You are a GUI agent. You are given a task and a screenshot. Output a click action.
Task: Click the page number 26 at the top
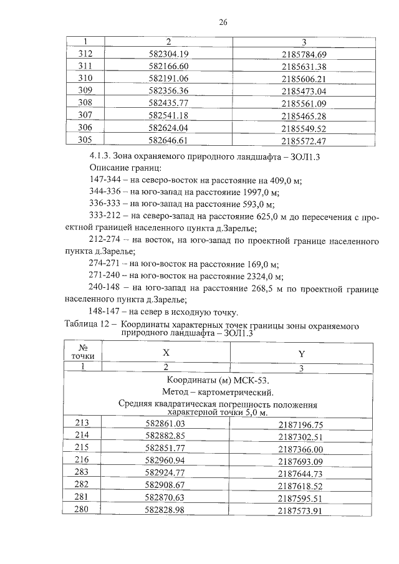pyautogui.click(x=223, y=22)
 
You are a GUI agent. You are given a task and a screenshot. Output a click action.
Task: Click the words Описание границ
pyautogui.click(x=125, y=168)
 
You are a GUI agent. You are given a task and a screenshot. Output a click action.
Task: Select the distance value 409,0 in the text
pyautogui.click(x=277, y=179)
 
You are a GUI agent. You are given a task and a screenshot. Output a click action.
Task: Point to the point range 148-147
pyautogui.click(x=105, y=312)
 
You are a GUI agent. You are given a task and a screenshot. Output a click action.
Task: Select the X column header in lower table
pyautogui.click(x=166, y=352)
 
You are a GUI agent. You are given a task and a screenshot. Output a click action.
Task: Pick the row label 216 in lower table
pyautogui.click(x=82, y=461)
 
